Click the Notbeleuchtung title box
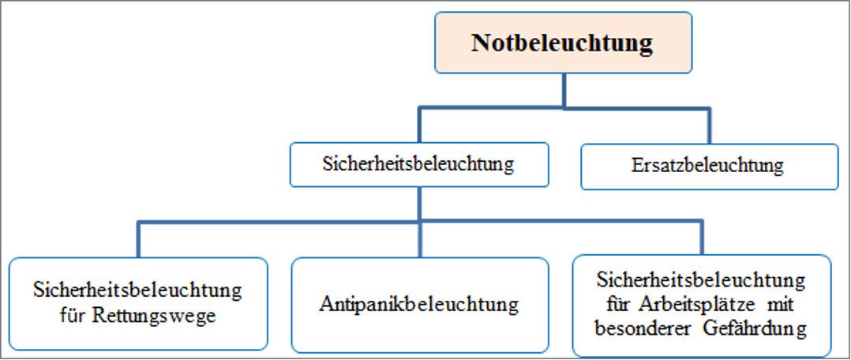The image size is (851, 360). [x=564, y=43]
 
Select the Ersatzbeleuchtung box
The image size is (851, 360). [x=710, y=166]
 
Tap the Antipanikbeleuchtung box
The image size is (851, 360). [x=419, y=306]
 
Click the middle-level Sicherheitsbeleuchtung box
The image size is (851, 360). [x=419, y=164]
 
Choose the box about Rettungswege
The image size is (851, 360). [x=138, y=303]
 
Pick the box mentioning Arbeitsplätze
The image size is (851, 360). [x=702, y=306]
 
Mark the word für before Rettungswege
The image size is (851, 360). [x=75, y=315]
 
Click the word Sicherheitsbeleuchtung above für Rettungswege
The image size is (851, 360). [x=138, y=291]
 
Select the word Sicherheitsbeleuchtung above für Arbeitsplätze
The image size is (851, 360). [x=701, y=281]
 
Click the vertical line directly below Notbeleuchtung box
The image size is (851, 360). [x=564, y=91]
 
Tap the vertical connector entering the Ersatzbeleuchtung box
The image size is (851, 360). [x=709, y=126]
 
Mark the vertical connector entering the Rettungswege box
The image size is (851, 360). [x=138, y=239]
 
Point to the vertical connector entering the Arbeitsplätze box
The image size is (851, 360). [x=701, y=238]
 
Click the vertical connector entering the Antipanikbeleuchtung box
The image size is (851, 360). [x=419, y=239]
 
